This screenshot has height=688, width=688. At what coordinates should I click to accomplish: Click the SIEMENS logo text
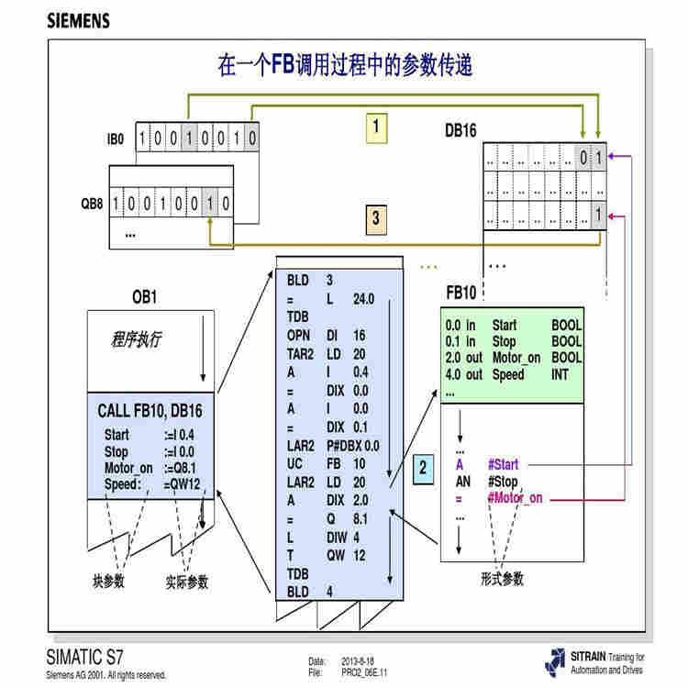(78, 20)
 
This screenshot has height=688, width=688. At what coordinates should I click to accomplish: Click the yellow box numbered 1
(374, 128)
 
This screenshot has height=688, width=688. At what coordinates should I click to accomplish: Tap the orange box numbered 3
(375, 219)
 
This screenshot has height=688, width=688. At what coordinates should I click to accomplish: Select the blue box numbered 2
(423, 467)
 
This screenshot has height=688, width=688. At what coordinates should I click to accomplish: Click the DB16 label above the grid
(461, 131)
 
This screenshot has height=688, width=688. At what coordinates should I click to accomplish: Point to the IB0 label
(115, 139)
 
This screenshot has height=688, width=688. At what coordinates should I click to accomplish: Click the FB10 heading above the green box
(461, 294)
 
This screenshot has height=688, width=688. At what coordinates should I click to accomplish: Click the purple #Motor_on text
(515, 498)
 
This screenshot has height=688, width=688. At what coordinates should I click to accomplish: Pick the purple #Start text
(505, 465)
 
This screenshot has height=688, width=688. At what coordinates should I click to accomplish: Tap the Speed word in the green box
(508, 374)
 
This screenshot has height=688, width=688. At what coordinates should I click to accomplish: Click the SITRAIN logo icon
(554, 661)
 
